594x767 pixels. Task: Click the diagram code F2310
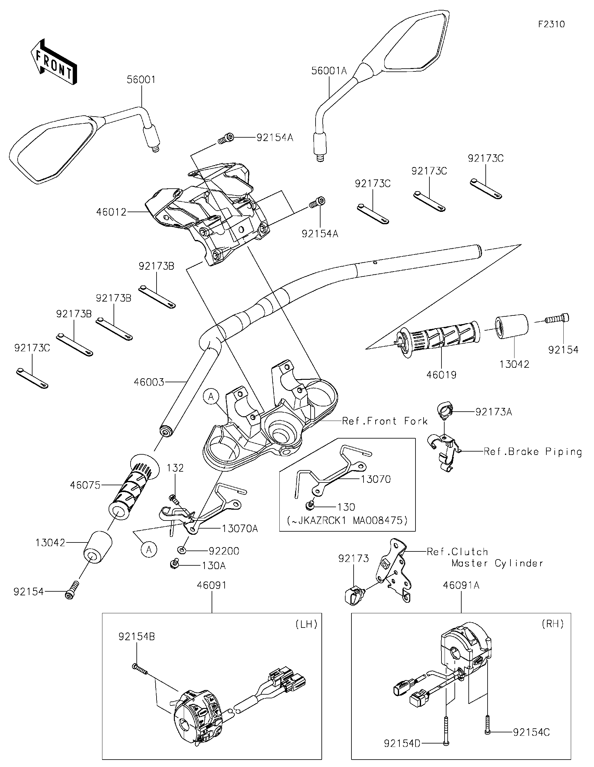[551, 24]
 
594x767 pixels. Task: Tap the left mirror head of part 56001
[53, 149]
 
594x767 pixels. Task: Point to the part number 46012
[111, 212]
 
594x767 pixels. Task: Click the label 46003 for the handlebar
[149, 382]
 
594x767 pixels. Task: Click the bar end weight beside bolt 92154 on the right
[511, 326]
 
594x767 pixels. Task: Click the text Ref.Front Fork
[385, 421]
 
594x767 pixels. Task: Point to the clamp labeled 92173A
[445, 410]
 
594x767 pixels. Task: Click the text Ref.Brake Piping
[532, 452]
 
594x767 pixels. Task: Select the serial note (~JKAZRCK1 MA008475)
[347, 521]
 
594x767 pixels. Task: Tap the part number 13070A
[240, 528]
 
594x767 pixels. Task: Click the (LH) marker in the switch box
[306, 624]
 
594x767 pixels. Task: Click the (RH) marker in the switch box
[553, 624]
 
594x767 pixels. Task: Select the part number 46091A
[461, 585]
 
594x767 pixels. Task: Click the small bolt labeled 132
[173, 498]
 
